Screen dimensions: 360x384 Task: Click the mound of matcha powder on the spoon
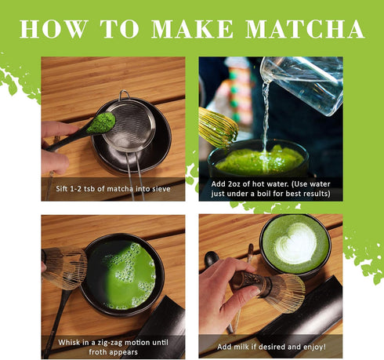click(100, 122)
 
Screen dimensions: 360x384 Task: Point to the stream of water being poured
click(266, 118)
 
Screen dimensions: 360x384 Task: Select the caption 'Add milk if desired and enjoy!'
click(270, 345)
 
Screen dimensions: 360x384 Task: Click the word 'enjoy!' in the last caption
click(323, 345)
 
